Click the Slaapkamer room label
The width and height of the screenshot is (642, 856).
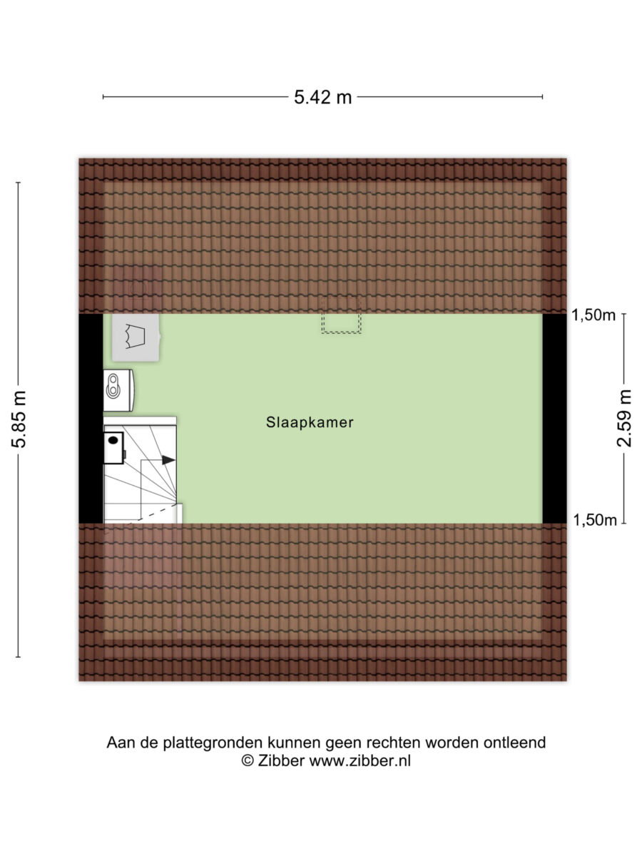[310, 422]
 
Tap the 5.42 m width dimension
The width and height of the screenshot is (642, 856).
[322, 97]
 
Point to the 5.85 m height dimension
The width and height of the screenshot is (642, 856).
[19, 419]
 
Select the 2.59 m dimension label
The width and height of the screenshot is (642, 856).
[624, 418]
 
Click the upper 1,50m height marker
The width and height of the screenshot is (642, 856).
[593, 315]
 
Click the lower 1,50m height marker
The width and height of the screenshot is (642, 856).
[594, 520]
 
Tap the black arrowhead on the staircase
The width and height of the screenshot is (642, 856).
[168, 460]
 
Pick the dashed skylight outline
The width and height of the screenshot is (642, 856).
[341, 315]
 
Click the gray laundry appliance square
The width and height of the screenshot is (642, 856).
[136, 337]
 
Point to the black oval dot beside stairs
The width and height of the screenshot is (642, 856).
[113, 440]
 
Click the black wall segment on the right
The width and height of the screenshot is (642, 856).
[554, 419]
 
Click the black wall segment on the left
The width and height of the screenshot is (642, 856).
[91, 419]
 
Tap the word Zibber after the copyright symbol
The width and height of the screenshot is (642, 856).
[280, 761]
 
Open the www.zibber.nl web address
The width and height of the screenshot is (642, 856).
[360, 761]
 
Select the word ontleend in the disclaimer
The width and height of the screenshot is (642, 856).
[514, 743]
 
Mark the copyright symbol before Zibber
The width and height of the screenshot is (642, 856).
[248, 761]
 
